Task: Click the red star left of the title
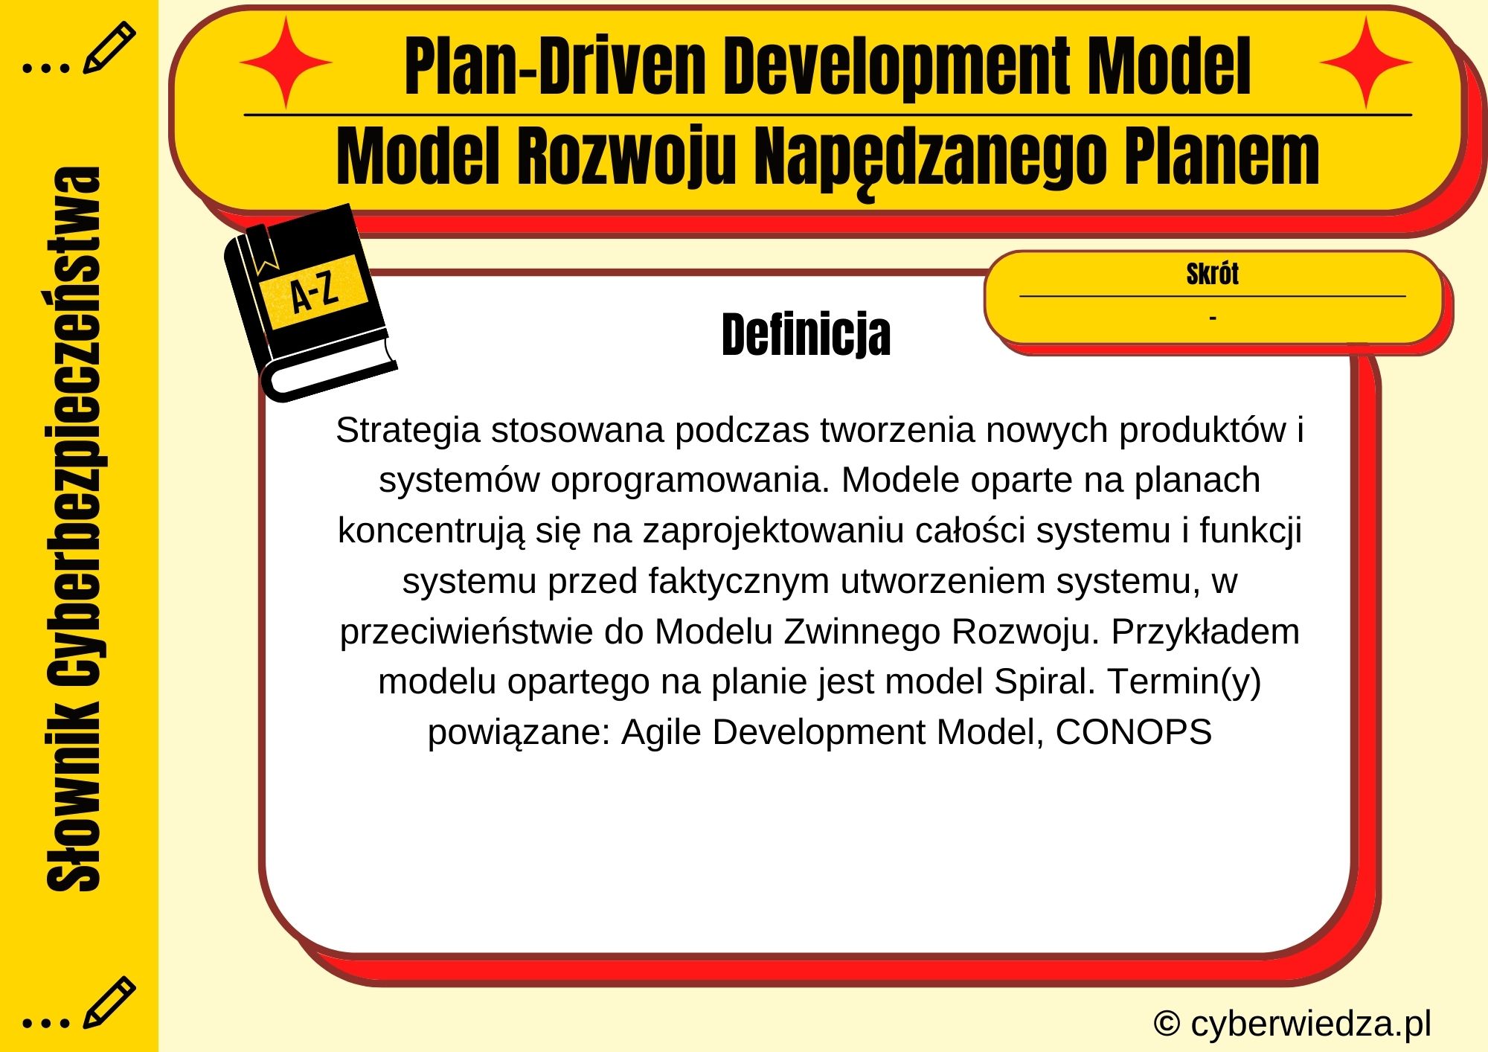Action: [x=286, y=63]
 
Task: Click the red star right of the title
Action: [x=1366, y=63]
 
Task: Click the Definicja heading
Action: [x=806, y=335]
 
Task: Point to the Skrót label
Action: [x=1212, y=274]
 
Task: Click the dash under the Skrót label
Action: [x=1213, y=318]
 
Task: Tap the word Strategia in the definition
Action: [x=408, y=430]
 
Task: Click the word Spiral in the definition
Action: [x=1045, y=681]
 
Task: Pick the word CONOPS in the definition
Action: [x=1133, y=732]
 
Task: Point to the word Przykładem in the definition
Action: [x=1205, y=632]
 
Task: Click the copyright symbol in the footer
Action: [x=1167, y=1024]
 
